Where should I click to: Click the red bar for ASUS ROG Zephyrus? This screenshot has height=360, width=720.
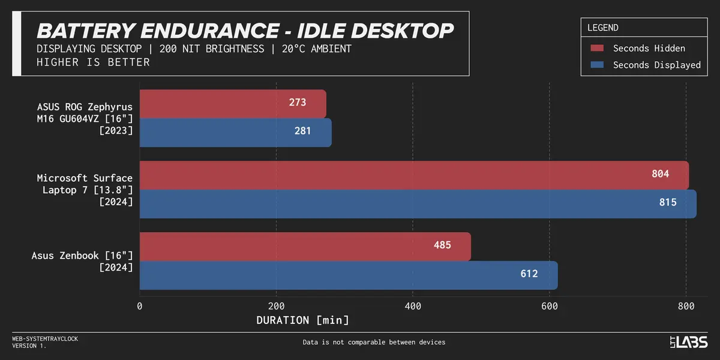(x=233, y=104)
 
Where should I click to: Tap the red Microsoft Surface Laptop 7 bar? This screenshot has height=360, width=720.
(x=414, y=175)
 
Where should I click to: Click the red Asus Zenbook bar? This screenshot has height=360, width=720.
(x=305, y=247)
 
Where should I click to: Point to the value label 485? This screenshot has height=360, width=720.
(x=442, y=245)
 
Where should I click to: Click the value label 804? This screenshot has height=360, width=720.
(x=660, y=174)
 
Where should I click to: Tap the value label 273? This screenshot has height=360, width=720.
(x=297, y=103)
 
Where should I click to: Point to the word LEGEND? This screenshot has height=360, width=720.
(x=602, y=28)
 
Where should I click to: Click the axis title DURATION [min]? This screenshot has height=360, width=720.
(x=302, y=320)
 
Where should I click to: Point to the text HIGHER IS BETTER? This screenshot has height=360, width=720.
(x=93, y=62)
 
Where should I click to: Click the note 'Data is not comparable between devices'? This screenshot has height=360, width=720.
(x=374, y=343)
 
